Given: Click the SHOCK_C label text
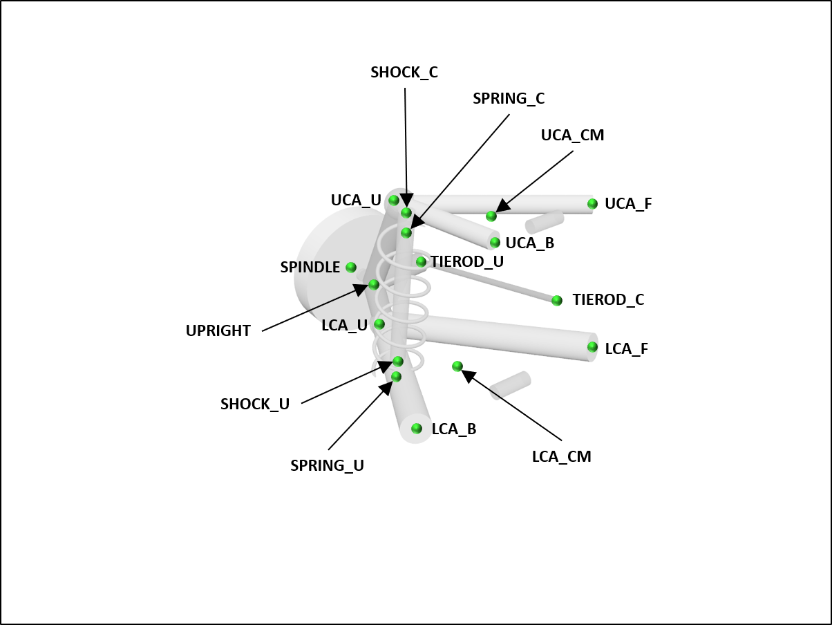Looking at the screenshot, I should (x=404, y=73).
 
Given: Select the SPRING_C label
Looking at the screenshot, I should (x=509, y=99).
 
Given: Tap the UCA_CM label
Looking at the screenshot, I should (x=572, y=136).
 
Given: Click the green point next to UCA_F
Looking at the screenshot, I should (x=592, y=203).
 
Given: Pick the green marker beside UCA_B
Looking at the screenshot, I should (x=495, y=242).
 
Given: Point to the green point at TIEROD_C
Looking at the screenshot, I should (x=557, y=300).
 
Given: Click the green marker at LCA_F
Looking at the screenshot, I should (x=592, y=347).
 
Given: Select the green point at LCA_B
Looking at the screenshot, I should (x=417, y=429).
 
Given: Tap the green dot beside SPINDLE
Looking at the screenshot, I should (x=351, y=268).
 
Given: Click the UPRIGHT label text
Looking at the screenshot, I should (x=218, y=331).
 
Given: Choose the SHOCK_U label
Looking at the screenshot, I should (x=255, y=404).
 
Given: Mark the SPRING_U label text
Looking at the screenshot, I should (x=327, y=466).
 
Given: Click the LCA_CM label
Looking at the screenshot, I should (x=562, y=456).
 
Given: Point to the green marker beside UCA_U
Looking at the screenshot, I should (x=394, y=200).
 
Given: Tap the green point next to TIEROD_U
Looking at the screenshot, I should (x=421, y=261).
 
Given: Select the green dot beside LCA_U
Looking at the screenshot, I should (x=379, y=324).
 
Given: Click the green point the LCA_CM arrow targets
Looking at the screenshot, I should (x=457, y=366).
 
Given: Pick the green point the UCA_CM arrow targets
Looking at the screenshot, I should (x=491, y=216).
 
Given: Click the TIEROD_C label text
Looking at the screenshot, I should (x=608, y=300).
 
